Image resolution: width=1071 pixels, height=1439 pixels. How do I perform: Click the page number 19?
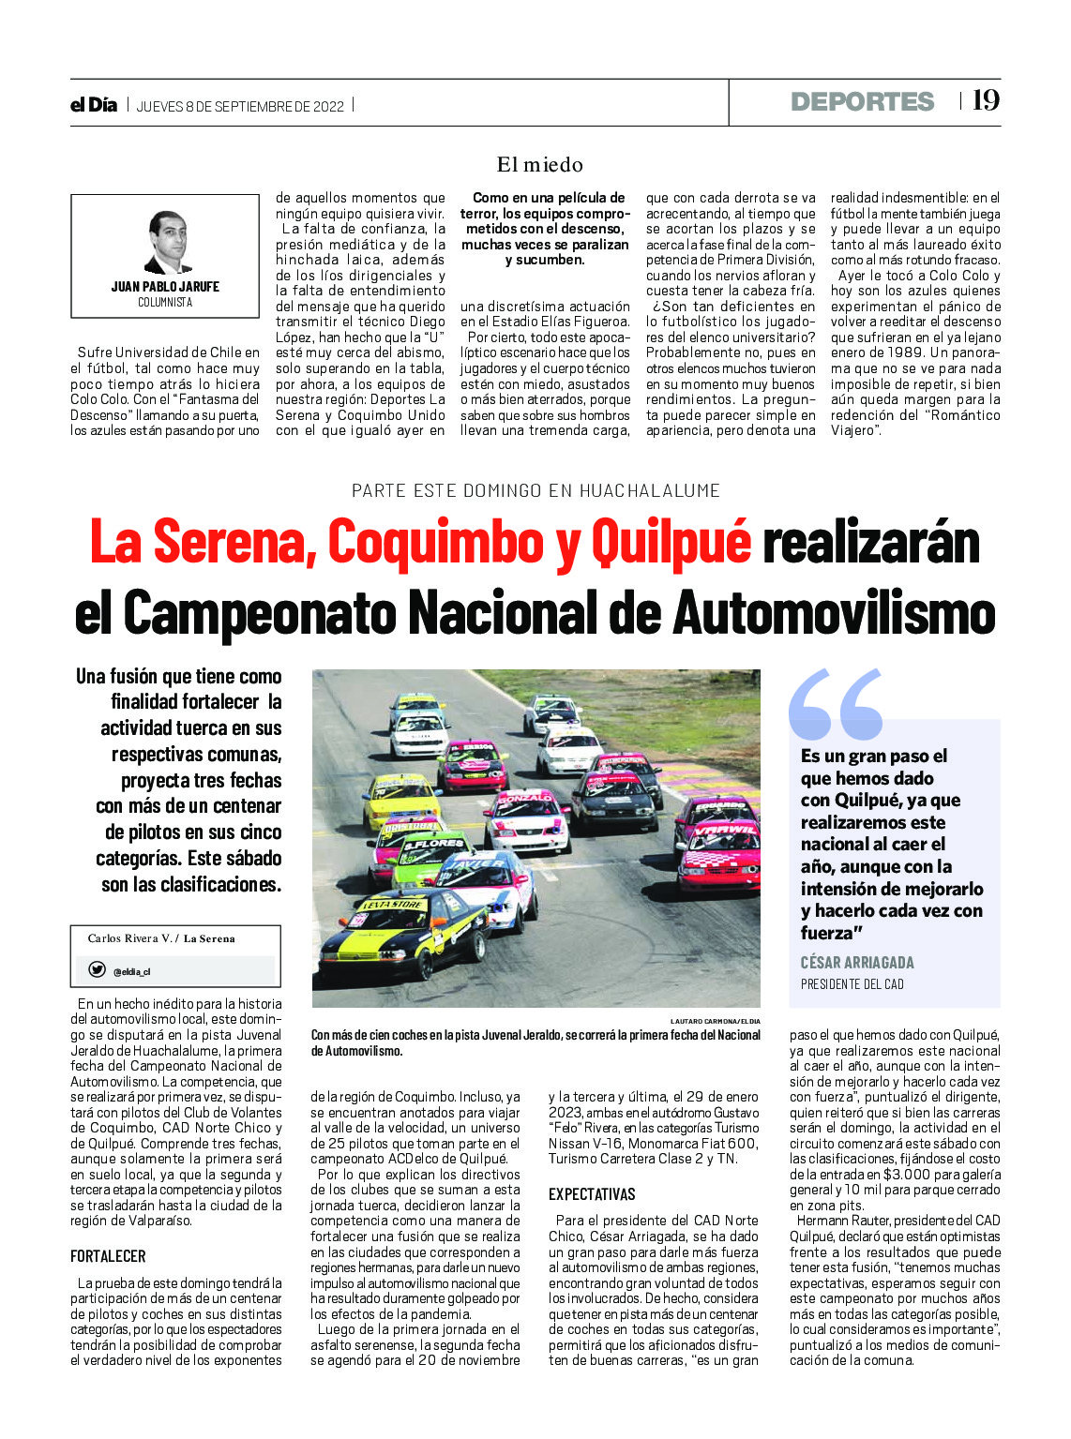tap(986, 100)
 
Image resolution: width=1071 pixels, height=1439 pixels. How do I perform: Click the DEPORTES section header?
tap(862, 101)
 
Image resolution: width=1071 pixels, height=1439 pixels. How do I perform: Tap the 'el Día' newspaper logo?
tap(94, 105)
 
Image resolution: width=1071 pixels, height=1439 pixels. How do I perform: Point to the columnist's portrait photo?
tap(167, 242)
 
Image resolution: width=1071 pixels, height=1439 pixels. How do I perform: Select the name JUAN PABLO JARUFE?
tap(165, 287)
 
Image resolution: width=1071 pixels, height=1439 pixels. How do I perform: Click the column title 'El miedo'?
tap(539, 165)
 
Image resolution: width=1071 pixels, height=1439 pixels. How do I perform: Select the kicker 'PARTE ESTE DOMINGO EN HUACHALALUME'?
tap(535, 490)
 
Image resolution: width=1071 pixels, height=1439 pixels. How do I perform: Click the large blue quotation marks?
tap(836, 704)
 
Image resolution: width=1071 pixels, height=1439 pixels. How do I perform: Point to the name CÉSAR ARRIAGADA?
tap(856, 963)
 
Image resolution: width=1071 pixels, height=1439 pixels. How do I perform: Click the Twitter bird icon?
tap(97, 970)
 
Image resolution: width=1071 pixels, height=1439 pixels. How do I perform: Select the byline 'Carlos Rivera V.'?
tap(129, 938)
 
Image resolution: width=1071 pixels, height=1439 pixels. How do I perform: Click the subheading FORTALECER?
tap(108, 1256)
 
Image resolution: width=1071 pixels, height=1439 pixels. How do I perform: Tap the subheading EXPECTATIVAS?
tap(592, 1194)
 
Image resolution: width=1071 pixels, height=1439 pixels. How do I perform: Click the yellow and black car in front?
tap(403, 933)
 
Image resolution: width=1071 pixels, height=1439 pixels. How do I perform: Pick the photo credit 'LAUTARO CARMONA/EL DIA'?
tap(715, 1020)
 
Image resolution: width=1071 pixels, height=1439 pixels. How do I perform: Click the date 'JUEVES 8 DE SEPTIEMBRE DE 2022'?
tap(240, 106)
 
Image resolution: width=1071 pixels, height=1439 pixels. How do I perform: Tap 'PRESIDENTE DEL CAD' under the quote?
tap(852, 984)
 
